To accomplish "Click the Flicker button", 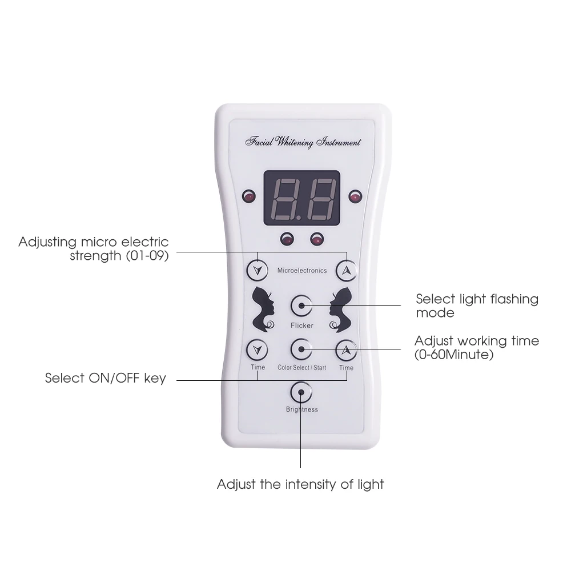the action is (301, 307).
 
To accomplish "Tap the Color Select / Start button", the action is (301, 349).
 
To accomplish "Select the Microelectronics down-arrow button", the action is (258, 270).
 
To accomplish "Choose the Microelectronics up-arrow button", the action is (346, 270).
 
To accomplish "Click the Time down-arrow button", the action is (258, 349).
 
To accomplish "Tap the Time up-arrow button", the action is (346, 349).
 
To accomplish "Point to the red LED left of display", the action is (248, 198).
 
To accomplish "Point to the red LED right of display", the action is (355, 198).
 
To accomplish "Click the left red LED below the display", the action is (286, 239).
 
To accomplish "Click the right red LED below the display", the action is (316, 239).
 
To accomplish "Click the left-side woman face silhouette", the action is (265, 309).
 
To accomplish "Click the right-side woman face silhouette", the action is (339, 309).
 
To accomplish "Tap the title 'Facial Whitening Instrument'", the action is (303, 142).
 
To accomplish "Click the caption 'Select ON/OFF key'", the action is (106, 378).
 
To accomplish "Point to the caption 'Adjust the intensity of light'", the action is (300, 485).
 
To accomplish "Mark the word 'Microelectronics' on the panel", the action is (301, 270).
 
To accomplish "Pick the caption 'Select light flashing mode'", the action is (477, 305).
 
